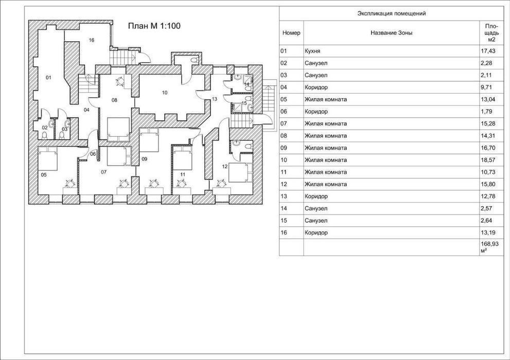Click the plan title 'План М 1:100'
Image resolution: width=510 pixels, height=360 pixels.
(154, 26)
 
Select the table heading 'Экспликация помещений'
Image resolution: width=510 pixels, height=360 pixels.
(392, 14)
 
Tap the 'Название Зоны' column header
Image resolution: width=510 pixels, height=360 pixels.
(391, 33)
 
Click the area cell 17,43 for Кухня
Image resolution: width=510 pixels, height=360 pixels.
(488, 51)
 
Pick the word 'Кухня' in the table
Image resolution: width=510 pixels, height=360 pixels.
(312, 51)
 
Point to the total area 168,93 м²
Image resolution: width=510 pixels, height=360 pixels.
(489, 247)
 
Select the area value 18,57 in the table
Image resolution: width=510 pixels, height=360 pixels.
(488, 160)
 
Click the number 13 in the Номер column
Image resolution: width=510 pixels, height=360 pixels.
(284, 196)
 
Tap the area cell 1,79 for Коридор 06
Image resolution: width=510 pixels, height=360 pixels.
(486, 112)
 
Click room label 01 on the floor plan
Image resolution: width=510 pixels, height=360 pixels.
(48, 78)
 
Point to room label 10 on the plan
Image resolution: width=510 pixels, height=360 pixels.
(165, 93)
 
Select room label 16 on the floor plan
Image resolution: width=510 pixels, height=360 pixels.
(92, 40)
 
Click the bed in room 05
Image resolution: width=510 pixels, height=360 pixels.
(48, 158)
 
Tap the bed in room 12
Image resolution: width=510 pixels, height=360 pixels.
(241, 172)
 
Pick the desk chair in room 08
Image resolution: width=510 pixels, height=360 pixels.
(120, 81)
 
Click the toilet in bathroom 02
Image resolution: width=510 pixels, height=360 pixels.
(45, 135)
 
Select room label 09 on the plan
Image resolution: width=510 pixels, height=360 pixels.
(145, 159)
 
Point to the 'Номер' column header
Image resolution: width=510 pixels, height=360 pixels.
(291, 33)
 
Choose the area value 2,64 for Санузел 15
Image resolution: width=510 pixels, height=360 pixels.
(486, 221)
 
